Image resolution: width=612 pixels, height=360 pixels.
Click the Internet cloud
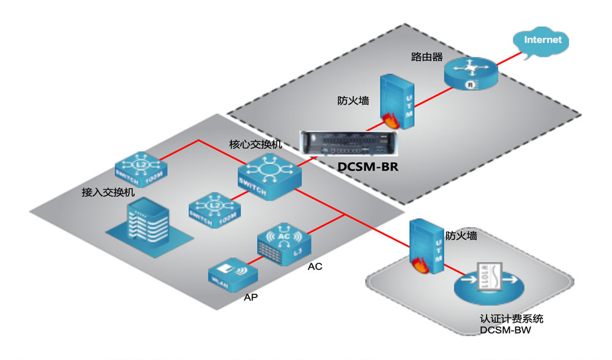[542, 42]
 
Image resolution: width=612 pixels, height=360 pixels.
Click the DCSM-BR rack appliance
[346, 146]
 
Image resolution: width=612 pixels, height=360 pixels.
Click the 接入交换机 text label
[108, 192]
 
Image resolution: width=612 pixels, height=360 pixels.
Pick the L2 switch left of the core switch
[215, 210]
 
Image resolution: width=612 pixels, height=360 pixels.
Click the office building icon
[143, 227]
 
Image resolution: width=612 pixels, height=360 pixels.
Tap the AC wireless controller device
[282, 243]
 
